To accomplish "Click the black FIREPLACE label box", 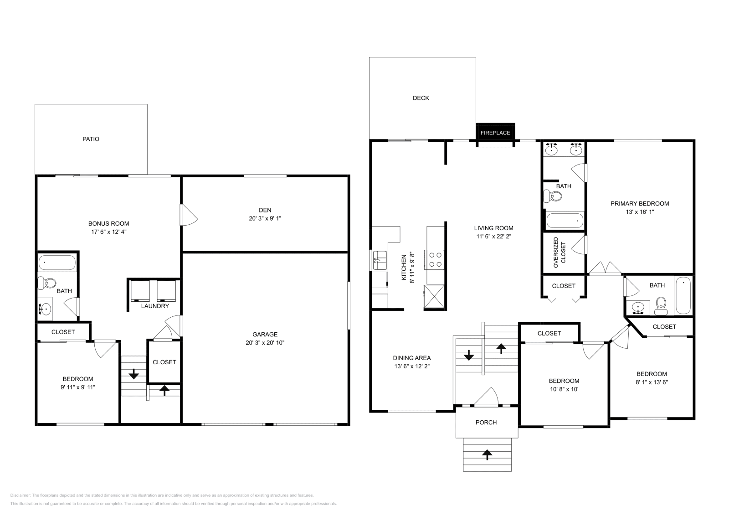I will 495,132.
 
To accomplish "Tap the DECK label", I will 421,98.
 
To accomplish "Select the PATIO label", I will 91,139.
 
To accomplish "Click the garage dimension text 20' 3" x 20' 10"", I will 265,343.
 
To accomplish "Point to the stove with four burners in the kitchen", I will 435,259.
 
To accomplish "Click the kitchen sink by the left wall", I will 379,261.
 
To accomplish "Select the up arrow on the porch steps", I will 487,454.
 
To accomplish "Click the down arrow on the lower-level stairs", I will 133,375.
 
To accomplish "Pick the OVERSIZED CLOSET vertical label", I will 559,253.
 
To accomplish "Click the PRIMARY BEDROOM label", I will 640,204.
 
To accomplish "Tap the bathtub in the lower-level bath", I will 57,263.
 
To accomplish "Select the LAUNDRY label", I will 155,306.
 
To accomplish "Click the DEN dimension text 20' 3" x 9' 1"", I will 265,218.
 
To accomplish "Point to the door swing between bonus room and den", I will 188,215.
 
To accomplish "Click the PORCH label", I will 486,423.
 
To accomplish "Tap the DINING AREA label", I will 412,358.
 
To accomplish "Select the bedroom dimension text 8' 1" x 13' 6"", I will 652,382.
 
